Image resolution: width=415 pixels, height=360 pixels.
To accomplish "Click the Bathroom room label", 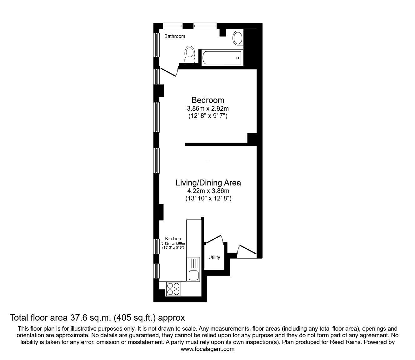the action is coord(174,36).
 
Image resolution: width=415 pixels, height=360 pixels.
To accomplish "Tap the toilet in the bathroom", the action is coord(189,54).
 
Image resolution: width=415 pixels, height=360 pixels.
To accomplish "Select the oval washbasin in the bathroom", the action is coord(238,38).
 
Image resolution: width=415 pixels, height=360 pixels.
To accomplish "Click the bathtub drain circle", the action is coord(238,58).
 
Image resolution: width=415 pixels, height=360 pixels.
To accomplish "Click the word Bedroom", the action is coord(207,100).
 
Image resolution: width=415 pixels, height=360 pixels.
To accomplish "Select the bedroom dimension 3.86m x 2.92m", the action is coord(208,109).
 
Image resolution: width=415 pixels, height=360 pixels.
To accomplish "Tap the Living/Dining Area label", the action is coord(208,183).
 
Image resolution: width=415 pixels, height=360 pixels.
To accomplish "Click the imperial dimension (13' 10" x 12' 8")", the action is coord(208,199).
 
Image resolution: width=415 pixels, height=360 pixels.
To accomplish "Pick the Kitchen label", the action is coord(173,239).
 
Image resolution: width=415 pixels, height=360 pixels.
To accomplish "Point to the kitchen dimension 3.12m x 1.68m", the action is coord(173,243).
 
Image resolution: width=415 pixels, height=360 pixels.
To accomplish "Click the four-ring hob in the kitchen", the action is coord(173,289).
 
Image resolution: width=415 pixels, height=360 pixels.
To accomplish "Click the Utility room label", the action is coord(214,257).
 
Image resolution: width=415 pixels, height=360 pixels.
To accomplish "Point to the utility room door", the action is coord(214,240).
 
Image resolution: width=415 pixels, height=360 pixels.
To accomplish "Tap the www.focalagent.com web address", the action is coord(207,349).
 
